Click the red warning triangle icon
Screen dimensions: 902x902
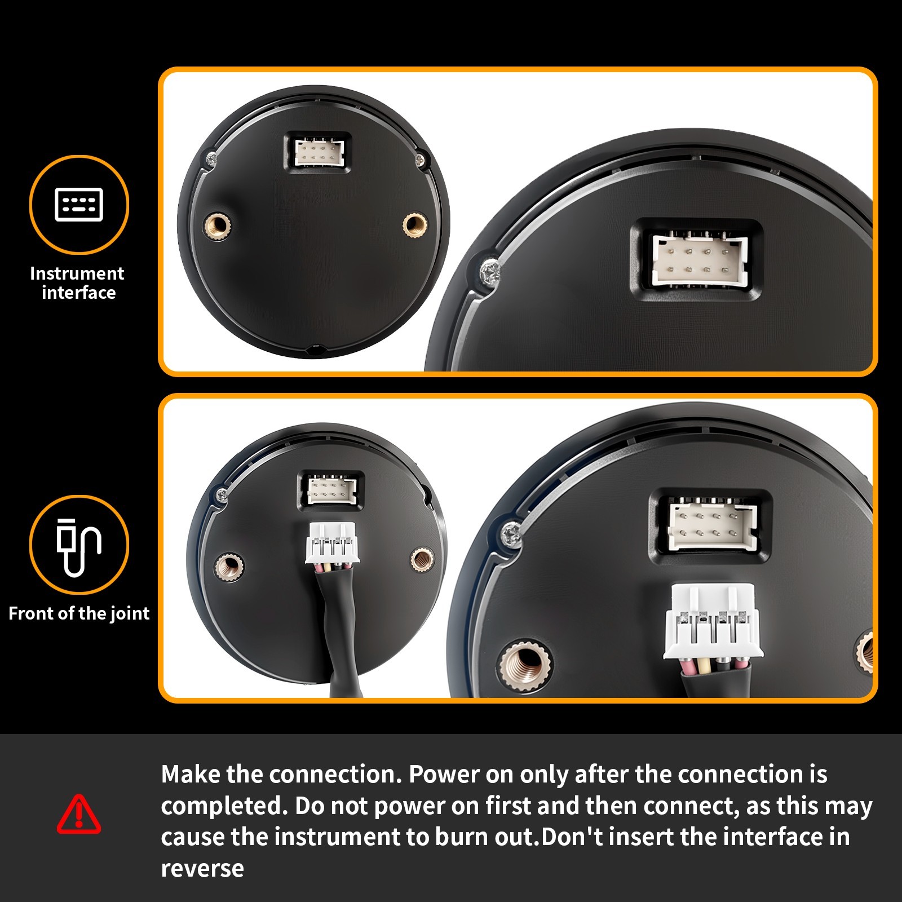point(79,814)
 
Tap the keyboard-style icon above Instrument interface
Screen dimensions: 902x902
point(79,204)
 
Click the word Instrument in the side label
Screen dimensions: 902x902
point(77,273)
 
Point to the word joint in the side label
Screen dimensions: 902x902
point(129,613)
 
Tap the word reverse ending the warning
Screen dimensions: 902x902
point(202,869)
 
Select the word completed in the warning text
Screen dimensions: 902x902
point(224,806)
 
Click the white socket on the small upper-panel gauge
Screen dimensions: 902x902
point(319,152)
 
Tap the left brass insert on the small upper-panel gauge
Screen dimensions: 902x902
point(217,226)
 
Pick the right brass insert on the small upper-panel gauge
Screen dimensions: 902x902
point(415,225)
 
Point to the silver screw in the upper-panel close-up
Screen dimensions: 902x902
point(490,273)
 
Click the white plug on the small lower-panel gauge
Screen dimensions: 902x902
point(332,542)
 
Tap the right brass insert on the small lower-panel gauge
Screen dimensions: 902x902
point(422,560)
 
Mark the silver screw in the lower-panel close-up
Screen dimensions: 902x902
point(511,534)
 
